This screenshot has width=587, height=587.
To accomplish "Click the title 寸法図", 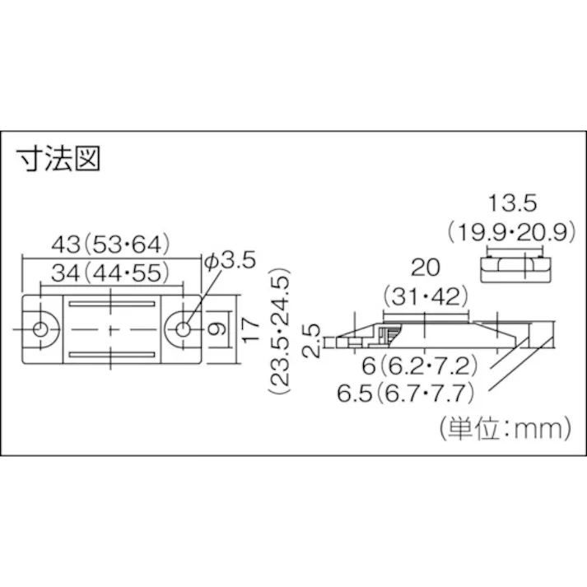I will (58, 159).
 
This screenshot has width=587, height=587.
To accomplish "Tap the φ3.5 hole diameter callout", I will (230, 261).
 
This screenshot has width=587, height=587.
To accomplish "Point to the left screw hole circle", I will (40, 329).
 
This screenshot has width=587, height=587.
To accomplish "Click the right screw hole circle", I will (183, 329).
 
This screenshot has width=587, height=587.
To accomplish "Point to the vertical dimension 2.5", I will (310, 339).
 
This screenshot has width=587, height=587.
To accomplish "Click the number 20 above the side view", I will (426, 267).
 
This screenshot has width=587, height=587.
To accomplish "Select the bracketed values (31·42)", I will (426, 295).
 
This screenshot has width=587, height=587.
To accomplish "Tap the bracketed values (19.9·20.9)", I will (510, 233).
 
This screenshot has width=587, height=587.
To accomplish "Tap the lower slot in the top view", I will (110, 355).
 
